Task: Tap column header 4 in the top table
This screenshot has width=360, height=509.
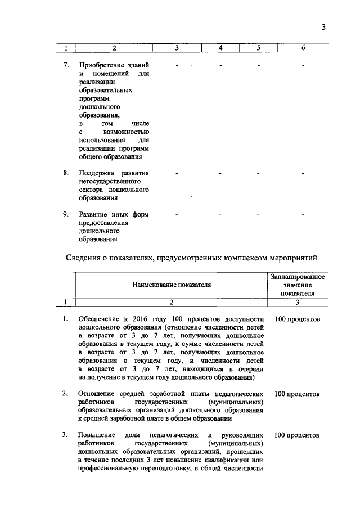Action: (221, 48)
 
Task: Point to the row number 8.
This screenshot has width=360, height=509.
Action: (66, 173)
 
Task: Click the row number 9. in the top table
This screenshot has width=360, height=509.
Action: (66, 214)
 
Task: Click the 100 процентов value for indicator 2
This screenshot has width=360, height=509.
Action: (297, 394)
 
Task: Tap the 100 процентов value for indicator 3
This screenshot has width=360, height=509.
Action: (297, 435)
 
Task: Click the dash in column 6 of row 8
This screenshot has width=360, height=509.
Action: (303, 173)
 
